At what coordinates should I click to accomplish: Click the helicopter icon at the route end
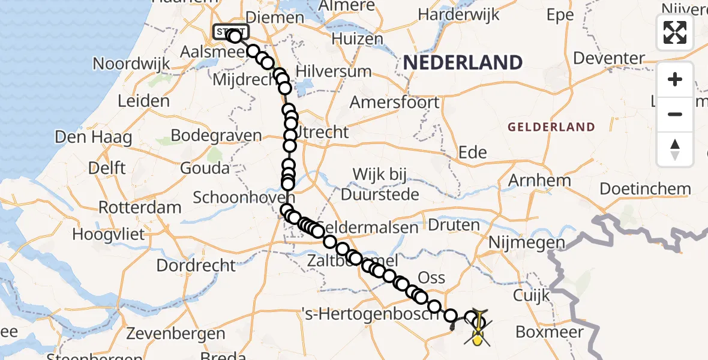tap(478, 329)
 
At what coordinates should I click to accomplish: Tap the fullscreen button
tap(675, 32)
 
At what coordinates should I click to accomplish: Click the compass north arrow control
tap(675, 149)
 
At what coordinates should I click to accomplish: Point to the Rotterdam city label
tap(140, 208)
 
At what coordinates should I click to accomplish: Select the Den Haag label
tap(93, 137)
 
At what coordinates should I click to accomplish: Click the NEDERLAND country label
tap(463, 62)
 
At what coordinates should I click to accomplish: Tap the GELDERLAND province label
tap(551, 127)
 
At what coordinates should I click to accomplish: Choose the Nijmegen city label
tap(527, 243)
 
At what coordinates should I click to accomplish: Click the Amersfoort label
tap(394, 102)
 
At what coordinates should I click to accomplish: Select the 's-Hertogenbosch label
tap(367, 313)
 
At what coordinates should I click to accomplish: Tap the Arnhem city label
tap(539, 180)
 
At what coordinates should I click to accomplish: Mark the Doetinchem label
tap(645, 189)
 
